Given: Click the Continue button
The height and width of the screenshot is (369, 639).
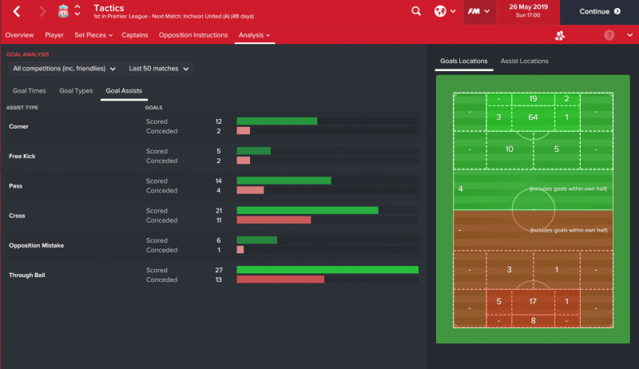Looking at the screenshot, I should [x=599, y=12].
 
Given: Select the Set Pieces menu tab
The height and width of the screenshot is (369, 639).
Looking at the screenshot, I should [x=93, y=35].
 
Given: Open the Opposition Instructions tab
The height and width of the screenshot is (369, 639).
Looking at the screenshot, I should [x=193, y=35].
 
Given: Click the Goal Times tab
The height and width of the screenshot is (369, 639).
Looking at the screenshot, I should [x=29, y=91].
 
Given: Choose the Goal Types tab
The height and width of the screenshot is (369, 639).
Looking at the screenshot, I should [x=76, y=91].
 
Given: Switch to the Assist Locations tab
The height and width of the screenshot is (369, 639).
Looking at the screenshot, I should [x=524, y=61].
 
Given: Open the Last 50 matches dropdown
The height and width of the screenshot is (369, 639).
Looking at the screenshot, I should [x=160, y=69].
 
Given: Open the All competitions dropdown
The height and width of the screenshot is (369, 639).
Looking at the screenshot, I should [x=64, y=69].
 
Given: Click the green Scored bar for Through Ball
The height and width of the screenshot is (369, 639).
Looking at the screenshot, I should [x=327, y=270].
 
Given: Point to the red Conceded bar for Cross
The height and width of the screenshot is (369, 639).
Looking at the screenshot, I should [x=274, y=220].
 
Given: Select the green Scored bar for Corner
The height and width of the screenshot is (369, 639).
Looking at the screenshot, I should [x=277, y=121].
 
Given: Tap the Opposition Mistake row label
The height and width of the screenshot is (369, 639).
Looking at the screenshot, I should [x=36, y=245].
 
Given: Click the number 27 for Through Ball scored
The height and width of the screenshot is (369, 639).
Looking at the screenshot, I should [x=219, y=270].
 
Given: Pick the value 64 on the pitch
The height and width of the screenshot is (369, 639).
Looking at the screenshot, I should [x=533, y=117].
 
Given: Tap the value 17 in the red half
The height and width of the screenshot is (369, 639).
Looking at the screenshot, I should [x=533, y=302].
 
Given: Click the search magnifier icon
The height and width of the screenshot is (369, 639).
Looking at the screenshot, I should [x=416, y=12].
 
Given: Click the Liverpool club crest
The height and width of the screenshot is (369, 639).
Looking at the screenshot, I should [x=63, y=12].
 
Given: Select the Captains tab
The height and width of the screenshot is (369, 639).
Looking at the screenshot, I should [x=135, y=35].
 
